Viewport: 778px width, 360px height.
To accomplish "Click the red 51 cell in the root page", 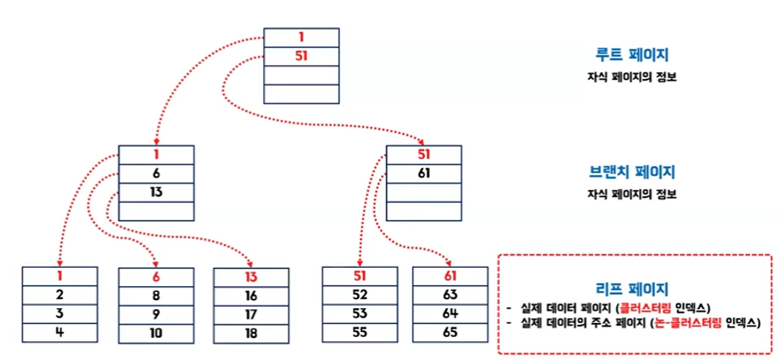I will pyautogui.click(x=301, y=57).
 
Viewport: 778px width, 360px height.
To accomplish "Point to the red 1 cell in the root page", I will pyautogui.click(x=301, y=38).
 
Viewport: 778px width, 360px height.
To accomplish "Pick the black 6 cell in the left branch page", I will pyautogui.click(x=155, y=173).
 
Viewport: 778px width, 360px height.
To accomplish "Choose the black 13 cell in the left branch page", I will pyautogui.click(x=155, y=192).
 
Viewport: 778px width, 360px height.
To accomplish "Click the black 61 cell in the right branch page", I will pyautogui.click(x=424, y=173).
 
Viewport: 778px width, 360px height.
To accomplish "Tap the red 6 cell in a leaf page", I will pyautogui.click(x=155, y=277).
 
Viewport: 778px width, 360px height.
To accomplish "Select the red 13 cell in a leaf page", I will pyautogui.click(x=251, y=277).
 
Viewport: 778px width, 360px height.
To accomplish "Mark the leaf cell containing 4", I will pyautogui.click(x=59, y=332).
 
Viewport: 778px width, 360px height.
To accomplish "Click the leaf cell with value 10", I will pyautogui.click(x=155, y=332).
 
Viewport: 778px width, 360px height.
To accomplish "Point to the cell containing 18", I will pyautogui.click(x=251, y=333).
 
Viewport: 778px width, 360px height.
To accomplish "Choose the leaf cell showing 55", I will pyautogui.click(x=359, y=332).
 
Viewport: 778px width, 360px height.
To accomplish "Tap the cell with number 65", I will pyautogui.click(x=449, y=332).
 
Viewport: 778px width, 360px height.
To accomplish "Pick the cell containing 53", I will pyautogui.click(x=359, y=314).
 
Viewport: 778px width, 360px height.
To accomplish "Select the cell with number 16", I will pyautogui.click(x=251, y=296).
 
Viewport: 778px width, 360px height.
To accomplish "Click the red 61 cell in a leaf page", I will pyautogui.click(x=449, y=277).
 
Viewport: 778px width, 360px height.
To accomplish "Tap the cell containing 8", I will pyautogui.click(x=155, y=296).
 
